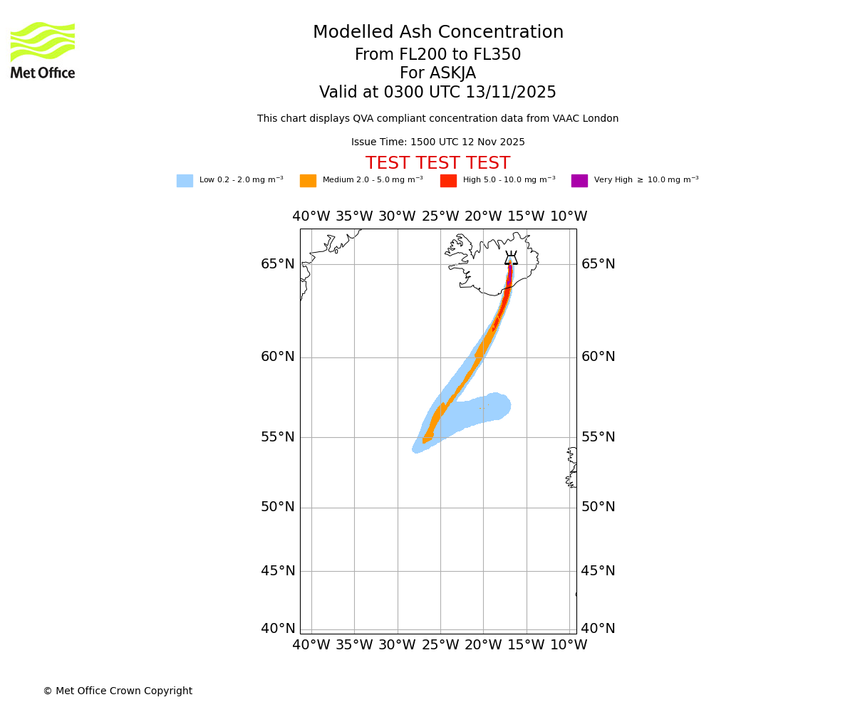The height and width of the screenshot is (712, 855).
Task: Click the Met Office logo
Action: (x=43, y=50)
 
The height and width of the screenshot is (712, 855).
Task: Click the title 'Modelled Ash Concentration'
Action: (x=437, y=33)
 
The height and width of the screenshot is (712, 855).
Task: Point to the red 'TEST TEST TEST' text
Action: (x=437, y=163)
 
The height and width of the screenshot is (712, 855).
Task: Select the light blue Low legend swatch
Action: (x=185, y=181)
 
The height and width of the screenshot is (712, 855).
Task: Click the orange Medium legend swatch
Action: (x=308, y=181)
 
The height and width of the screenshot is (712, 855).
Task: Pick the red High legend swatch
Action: (x=448, y=181)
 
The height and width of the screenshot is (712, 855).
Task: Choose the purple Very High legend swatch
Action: (x=579, y=181)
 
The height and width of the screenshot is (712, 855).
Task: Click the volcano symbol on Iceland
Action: (x=511, y=258)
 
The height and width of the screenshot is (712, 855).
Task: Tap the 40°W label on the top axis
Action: (x=311, y=216)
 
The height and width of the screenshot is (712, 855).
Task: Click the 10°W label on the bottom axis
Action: (x=569, y=645)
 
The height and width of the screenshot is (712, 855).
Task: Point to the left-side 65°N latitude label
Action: (x=277, y=264)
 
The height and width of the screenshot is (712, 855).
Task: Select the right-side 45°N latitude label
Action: (x=598, y=571)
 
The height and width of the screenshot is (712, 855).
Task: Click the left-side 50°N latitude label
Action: (x=277, y=507)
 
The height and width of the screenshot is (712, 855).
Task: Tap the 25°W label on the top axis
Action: (x=440, y=216)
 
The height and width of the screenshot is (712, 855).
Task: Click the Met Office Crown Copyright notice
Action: (x=118, y=691)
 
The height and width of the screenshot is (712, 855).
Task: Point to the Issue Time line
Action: (x=437, y=142)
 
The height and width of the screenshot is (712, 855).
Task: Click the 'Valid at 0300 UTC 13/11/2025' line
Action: (x=437, y=93)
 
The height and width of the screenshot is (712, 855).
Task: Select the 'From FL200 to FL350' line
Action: (x=437, y=55)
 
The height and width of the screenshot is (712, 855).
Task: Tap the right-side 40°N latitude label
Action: (x=598, y=629)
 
